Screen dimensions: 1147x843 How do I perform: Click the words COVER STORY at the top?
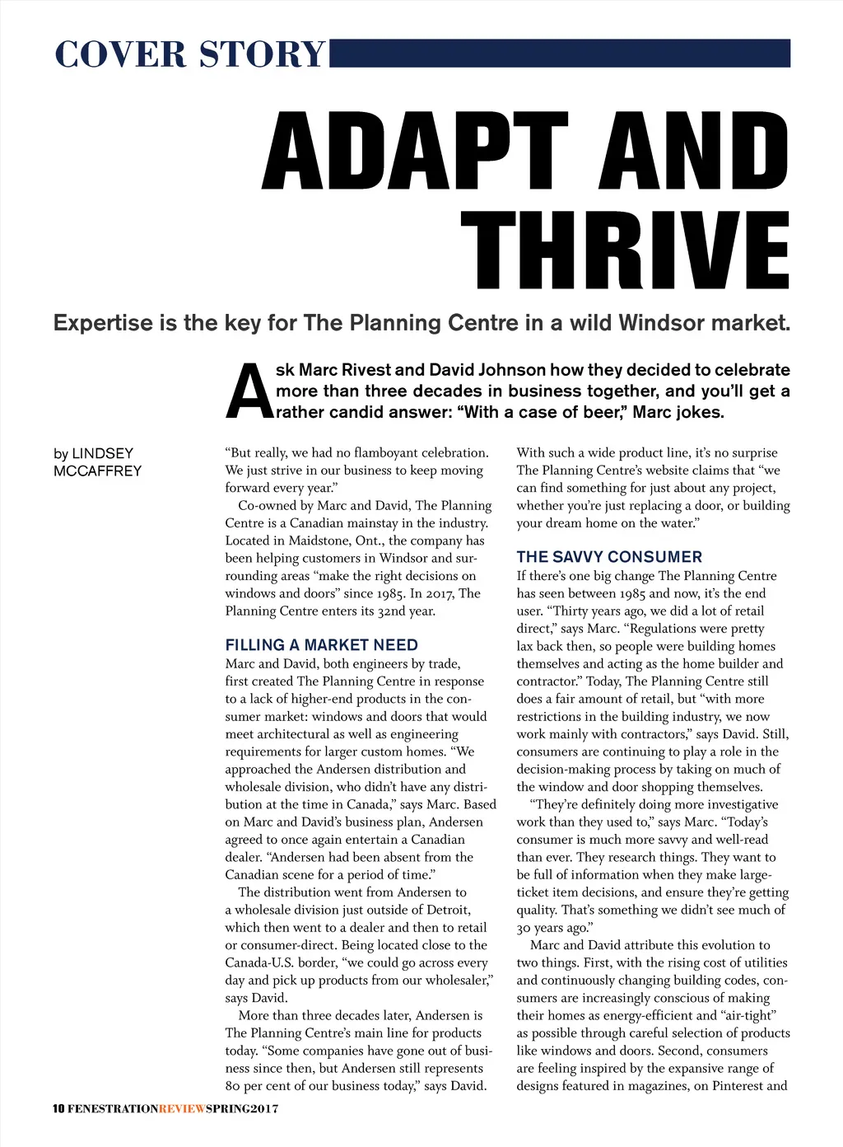click(x=190, y=54)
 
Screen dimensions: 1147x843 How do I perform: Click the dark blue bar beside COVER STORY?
click(x=560, y=53)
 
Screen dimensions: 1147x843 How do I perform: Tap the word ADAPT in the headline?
click(x=416, y=152)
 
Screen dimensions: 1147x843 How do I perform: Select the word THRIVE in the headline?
click(x=625, y=250)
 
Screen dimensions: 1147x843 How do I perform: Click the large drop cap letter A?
click(x=249, y=392)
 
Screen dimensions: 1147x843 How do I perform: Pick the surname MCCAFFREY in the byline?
click(x=97, y=471)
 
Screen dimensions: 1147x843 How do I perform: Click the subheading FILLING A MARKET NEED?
click(x=321, y=645)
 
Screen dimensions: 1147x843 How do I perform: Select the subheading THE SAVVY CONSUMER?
click(x=609, y=557)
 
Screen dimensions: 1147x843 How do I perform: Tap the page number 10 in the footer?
click(x=58, y=1108)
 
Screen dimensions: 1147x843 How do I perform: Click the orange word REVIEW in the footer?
click(x=182, y=1108)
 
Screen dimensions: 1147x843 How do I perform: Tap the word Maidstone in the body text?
click(x=320, y=541)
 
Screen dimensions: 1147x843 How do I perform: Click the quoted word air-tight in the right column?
click(x=747, y=1015)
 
